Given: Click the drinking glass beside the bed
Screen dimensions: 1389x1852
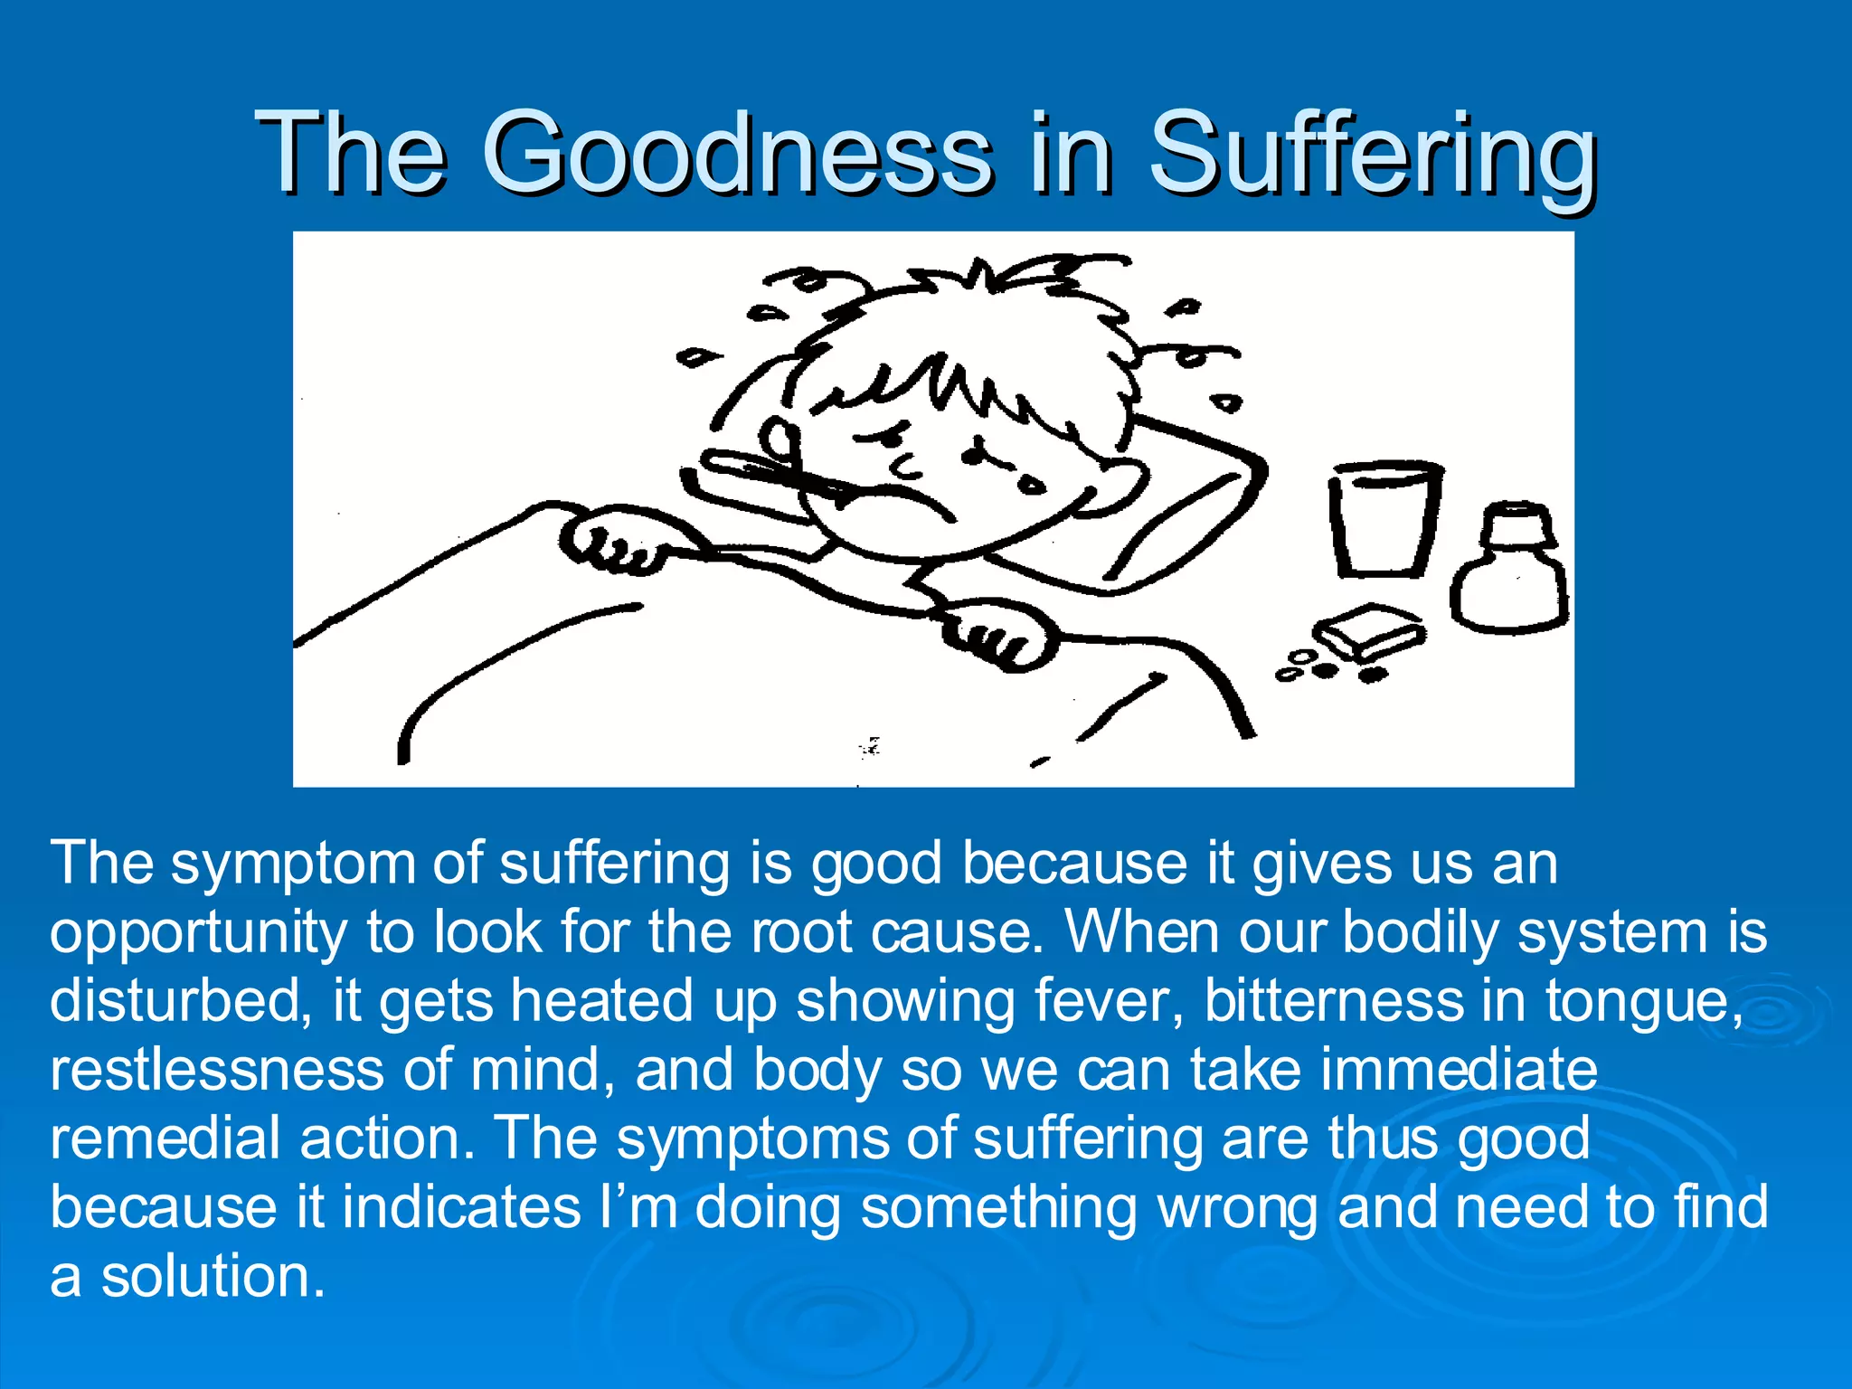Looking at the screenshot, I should point(1384,518).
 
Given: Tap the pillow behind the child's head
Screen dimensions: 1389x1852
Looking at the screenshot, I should point(1176,506).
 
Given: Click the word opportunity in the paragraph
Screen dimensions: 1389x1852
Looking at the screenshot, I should point(198,933).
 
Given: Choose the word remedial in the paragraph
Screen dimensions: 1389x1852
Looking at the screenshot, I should point(165,1138).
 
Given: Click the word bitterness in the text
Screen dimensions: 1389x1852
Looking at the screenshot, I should point(1334,1001).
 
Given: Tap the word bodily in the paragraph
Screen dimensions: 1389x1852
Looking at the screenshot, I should point(1421,933).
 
